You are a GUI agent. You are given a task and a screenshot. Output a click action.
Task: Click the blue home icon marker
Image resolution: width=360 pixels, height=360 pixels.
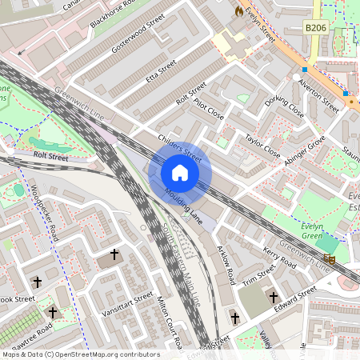180,172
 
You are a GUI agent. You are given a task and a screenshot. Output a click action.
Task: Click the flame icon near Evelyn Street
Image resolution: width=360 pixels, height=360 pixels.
238,12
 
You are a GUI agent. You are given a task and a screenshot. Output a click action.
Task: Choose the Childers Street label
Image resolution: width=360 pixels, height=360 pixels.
180,146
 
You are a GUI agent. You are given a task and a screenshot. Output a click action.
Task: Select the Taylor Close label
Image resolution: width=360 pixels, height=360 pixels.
263,144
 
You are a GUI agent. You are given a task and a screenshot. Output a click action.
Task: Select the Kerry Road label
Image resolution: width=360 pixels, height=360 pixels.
279,260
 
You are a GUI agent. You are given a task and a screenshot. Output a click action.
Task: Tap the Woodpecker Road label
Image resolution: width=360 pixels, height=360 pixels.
46,214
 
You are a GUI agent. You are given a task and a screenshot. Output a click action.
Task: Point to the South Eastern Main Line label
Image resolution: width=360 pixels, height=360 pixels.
182,266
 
